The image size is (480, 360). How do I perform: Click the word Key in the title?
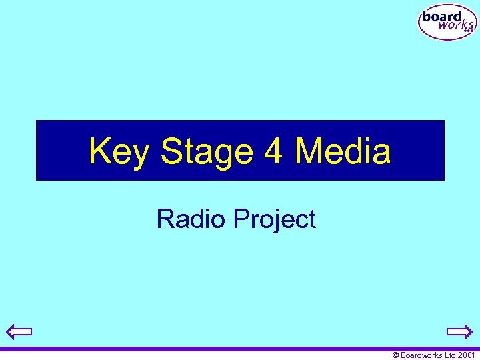click(119, 151)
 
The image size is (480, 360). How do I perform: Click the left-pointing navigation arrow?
click(19, 331)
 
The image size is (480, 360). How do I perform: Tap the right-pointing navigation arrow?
click(459, 331)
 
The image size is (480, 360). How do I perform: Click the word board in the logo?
click(441, 17)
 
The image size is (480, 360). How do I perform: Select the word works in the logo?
click(453, 27)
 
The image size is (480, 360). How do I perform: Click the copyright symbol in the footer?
click(395, 355)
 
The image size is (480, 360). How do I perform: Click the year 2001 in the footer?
click(467, 355)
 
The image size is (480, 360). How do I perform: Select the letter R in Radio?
click(164, 219)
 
